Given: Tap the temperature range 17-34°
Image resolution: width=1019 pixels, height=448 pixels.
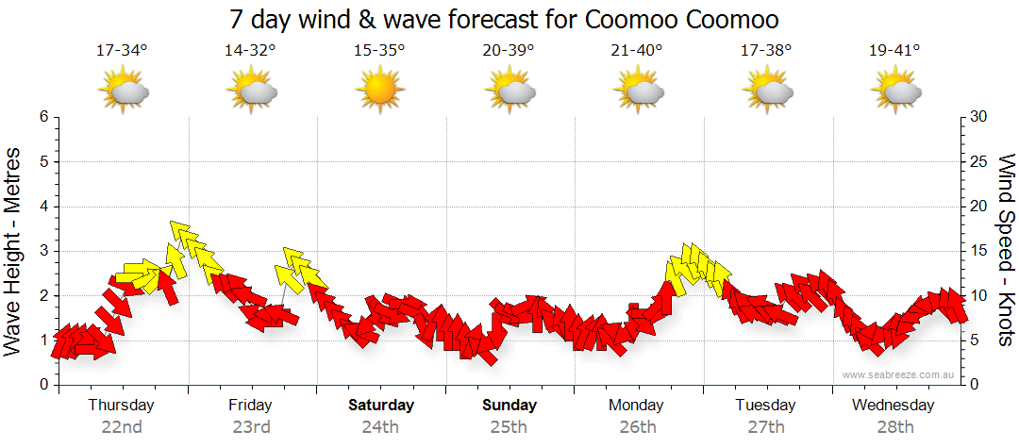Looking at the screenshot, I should click(122, 51).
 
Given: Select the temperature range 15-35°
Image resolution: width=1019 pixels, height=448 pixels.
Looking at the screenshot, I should click(379, 51).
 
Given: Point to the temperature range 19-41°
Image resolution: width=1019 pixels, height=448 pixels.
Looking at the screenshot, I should click(894, 51).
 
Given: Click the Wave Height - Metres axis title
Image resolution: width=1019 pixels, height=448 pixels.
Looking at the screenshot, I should click(14, 250).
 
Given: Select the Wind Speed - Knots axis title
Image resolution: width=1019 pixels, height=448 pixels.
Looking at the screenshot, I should click(1005, 250).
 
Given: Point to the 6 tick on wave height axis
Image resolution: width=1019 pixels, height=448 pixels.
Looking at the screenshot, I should click(42, 117).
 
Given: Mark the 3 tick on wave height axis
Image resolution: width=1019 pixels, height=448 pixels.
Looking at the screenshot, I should click(42, 251).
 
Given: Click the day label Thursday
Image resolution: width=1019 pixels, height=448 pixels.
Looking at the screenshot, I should click(121, 406).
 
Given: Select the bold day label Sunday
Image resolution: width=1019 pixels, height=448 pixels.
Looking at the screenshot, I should click(509, 406).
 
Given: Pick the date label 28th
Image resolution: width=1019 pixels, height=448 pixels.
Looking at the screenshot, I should click(894, 426).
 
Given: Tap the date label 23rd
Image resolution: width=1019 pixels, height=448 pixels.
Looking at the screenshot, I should click(251, 426).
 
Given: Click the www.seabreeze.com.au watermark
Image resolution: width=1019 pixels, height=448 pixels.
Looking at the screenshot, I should click(899, 375).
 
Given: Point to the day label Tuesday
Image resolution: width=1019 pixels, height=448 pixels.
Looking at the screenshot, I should click(765, 406).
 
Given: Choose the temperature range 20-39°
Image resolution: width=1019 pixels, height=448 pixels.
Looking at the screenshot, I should click(509, 51).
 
